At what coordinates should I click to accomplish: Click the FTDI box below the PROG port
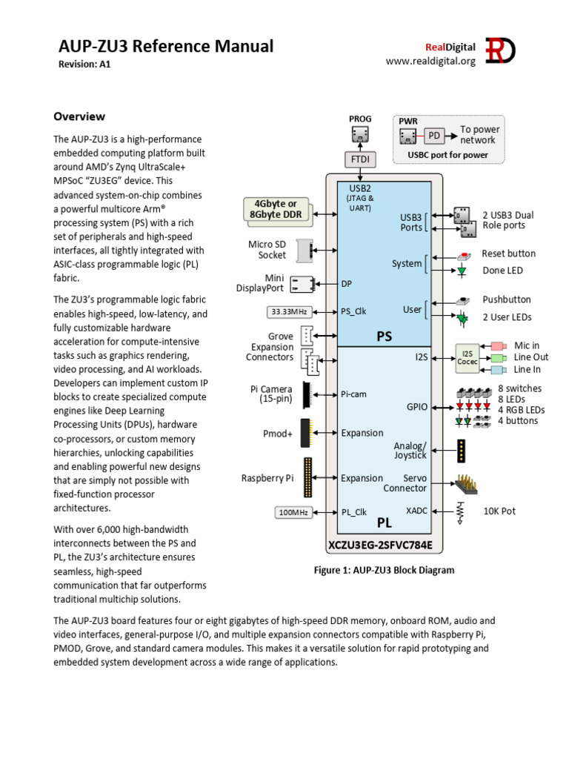point(359,159)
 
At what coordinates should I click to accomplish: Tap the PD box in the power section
point(435,136)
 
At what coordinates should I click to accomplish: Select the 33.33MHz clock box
point(290,311)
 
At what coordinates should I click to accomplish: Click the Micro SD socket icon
point(305,250)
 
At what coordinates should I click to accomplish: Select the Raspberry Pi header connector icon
point(307,478)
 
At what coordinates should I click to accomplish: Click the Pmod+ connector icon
point(305,433)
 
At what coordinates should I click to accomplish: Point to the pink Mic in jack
point(498,346)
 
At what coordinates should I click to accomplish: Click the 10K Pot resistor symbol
point(461,511)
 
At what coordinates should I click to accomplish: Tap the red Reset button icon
point(462,254)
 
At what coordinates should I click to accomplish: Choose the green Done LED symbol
point(462,271)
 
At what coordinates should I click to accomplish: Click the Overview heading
point(79,116)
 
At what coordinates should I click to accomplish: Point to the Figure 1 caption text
point(385,570)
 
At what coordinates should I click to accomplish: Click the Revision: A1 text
point(84,64)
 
